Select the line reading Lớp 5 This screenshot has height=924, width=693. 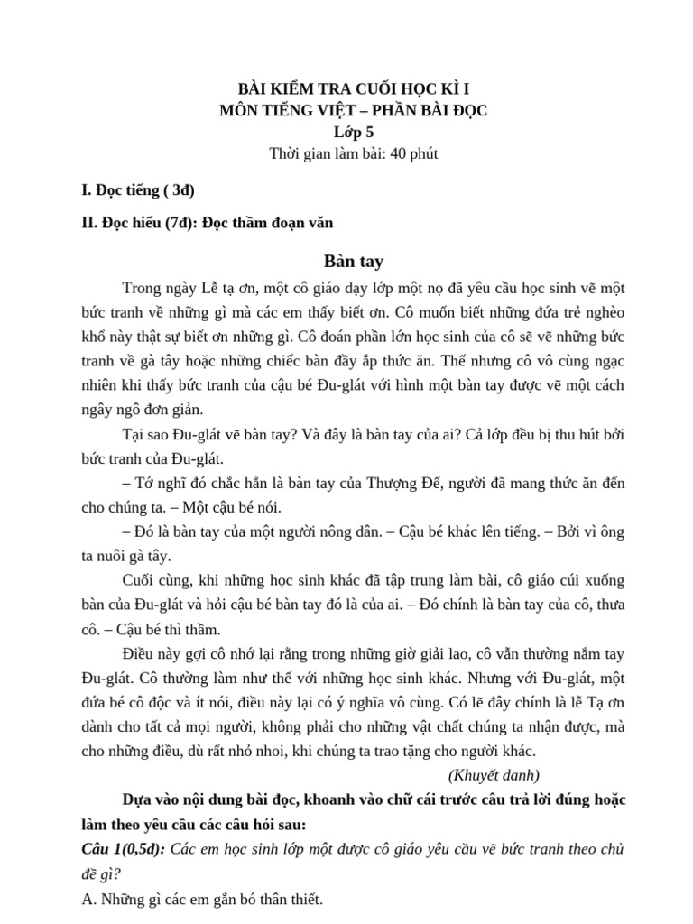(347, 132)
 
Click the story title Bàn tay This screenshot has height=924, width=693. (347, 262)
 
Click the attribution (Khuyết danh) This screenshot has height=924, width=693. (494, 774)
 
